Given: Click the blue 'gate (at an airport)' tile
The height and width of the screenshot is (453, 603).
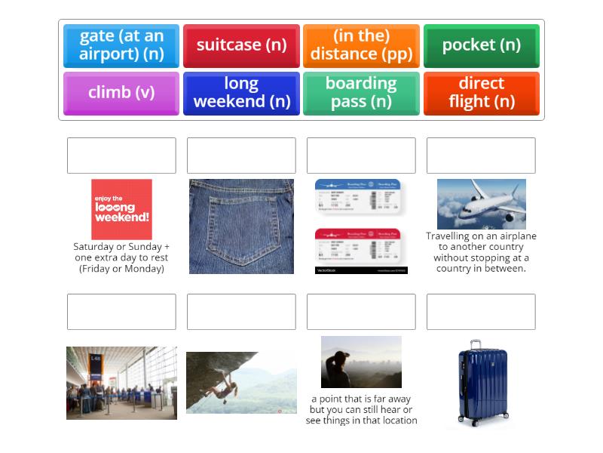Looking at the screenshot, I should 121,45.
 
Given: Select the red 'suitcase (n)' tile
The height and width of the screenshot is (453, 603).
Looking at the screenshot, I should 241,45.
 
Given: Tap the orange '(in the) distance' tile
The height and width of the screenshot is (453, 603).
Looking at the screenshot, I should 361,45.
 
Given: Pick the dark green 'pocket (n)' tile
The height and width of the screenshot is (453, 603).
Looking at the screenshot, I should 481,45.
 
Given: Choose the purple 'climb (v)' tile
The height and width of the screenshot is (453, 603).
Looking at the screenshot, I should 121,93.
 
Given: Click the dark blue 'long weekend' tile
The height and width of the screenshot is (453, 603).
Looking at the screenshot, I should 241,93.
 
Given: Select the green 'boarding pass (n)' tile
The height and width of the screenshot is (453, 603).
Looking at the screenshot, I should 361,93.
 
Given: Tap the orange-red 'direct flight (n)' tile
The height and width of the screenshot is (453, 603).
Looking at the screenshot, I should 481,93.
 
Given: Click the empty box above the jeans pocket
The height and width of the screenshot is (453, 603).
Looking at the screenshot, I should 241,156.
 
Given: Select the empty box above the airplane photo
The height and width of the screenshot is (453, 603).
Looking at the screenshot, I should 481,156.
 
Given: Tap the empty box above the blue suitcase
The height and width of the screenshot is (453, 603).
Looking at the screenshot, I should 481,312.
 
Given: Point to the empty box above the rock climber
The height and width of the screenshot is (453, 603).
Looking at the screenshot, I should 241,312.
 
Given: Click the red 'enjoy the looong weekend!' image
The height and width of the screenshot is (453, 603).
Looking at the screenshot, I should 121,209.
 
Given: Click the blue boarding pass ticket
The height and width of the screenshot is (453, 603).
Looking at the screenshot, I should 357,196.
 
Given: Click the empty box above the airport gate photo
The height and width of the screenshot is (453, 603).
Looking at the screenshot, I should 121,312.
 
